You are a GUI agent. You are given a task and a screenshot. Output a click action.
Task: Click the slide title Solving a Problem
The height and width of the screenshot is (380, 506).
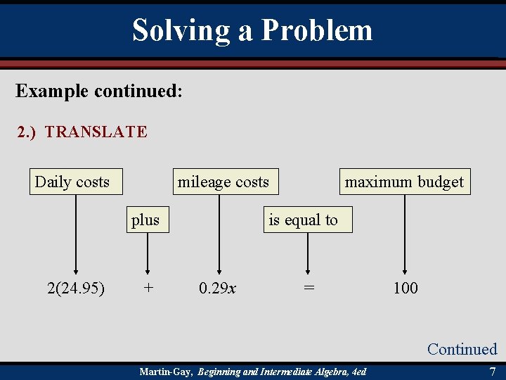[252, 30]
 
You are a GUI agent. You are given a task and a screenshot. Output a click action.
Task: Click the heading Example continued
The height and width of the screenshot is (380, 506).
[99, 91]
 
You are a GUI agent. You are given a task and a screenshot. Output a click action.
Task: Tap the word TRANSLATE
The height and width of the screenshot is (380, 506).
[96, 132]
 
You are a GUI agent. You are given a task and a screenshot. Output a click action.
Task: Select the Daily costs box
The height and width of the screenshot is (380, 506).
[72, 182]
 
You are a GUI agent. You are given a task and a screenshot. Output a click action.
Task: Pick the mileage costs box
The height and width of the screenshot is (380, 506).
[223, 182]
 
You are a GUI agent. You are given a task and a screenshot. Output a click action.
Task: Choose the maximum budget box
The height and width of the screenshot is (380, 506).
[404, 182]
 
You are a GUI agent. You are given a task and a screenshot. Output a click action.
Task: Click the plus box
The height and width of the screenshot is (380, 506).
[145, 220]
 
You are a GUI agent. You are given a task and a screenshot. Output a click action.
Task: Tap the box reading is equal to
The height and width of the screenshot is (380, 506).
[303, 220]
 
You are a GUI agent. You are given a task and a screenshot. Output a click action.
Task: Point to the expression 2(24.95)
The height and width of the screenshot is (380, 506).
[76, 288]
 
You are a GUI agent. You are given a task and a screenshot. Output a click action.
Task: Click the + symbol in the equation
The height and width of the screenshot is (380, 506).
[148, 288]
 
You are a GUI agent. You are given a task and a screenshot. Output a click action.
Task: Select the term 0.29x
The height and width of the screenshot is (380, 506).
[217, 288]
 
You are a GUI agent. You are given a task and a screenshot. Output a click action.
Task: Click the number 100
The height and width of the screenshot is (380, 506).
[406, 288]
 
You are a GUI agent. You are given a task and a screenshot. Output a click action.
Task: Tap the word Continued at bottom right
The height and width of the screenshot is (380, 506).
[462, 349]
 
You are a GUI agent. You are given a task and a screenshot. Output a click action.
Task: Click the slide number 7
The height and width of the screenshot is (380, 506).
[492, 371]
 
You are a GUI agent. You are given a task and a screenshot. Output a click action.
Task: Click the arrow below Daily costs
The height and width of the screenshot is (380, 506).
[76, 232]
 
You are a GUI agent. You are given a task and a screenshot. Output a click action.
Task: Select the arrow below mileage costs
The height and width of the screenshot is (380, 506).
[219, 232]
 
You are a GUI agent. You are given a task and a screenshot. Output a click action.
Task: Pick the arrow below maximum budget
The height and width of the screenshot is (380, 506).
[405, 232]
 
